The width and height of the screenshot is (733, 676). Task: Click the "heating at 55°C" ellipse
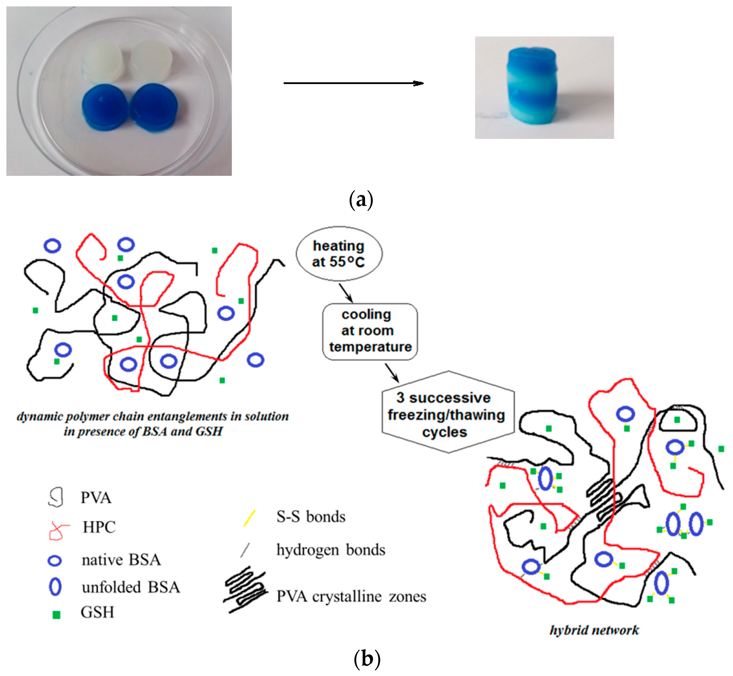(339, 254)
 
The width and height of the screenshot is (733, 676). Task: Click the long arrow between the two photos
(353, 84)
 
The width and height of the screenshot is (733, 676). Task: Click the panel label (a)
(361, 200)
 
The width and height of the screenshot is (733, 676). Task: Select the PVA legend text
(96, 498)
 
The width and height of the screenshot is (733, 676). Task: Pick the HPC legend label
(99, 527)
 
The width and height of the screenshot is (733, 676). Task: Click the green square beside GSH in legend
(56, 615)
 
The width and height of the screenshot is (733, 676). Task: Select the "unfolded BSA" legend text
(131, 587)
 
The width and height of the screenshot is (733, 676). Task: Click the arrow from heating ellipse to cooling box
(345, 293)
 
